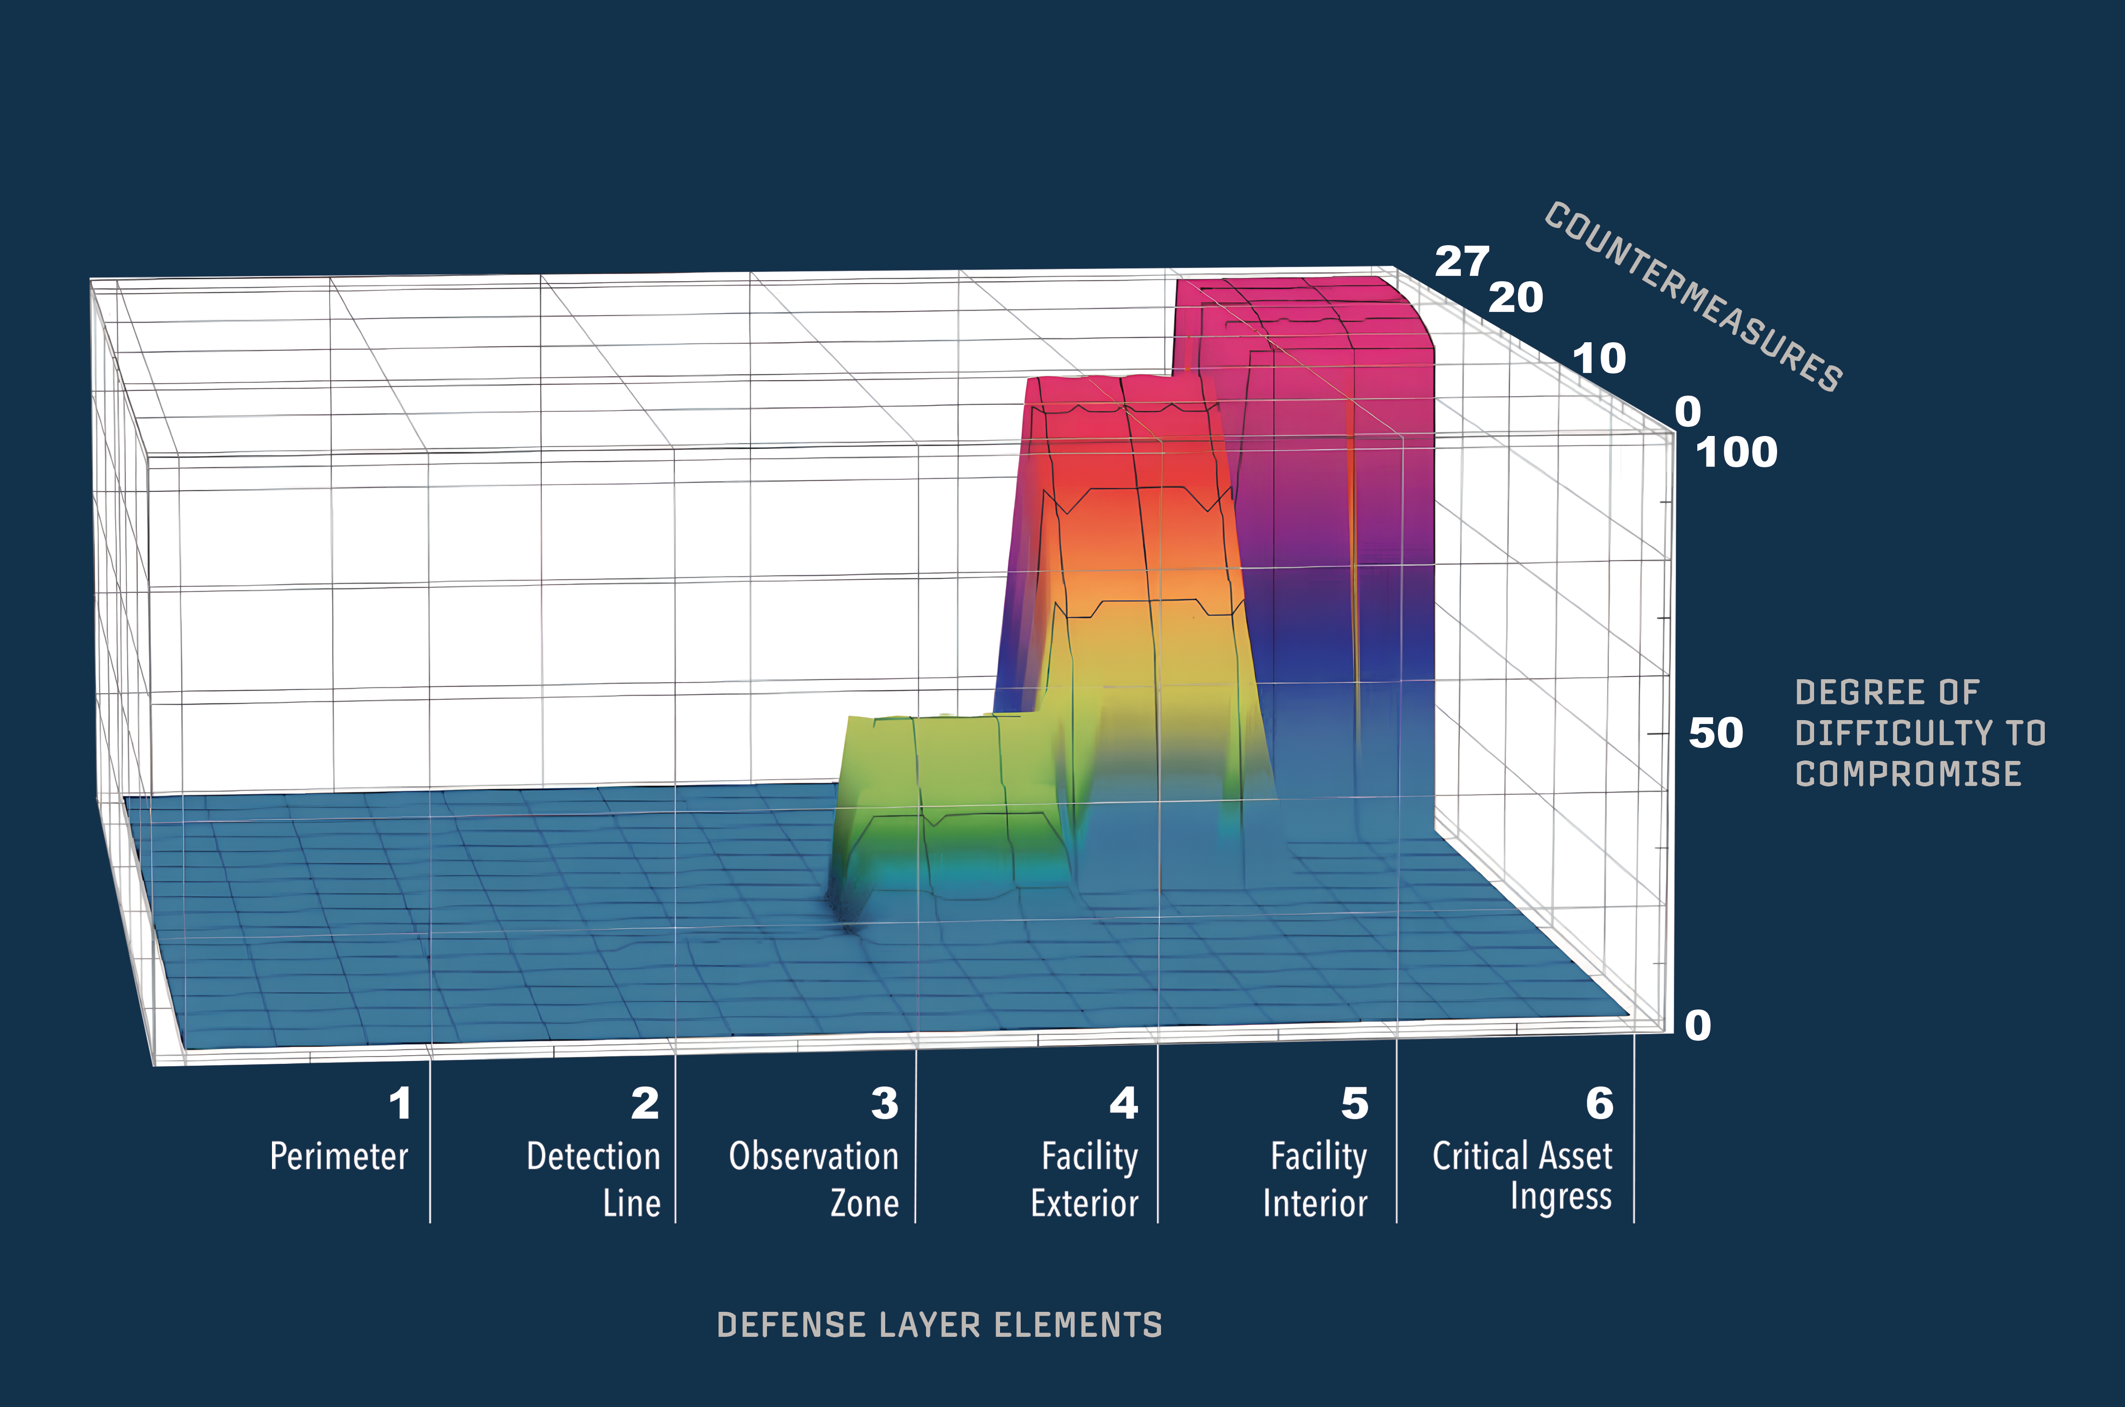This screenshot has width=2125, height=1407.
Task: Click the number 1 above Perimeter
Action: tap(400, 1104)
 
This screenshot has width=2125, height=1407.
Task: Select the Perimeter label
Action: tap(339, 1157)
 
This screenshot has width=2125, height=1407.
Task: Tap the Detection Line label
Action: tap(594, 1179)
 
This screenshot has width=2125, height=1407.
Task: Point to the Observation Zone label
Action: tap(814, 1179)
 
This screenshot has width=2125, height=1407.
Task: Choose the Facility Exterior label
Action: tap(1086, 1179)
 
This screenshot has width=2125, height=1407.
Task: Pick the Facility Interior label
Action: tap(1316, 1179)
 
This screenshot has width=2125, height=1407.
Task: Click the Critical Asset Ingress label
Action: tap(1523, 1175)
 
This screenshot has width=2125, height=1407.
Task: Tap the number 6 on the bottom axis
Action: tap(1599, 1104)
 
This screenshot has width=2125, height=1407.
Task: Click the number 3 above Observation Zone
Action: tap(884, 1104)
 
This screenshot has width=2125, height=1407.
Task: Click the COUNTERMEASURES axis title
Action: tap(1693, 296)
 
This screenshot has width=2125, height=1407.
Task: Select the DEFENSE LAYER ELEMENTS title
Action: tap(939, 1325)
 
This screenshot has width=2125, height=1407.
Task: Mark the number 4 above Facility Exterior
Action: tap(1124, 1104)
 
